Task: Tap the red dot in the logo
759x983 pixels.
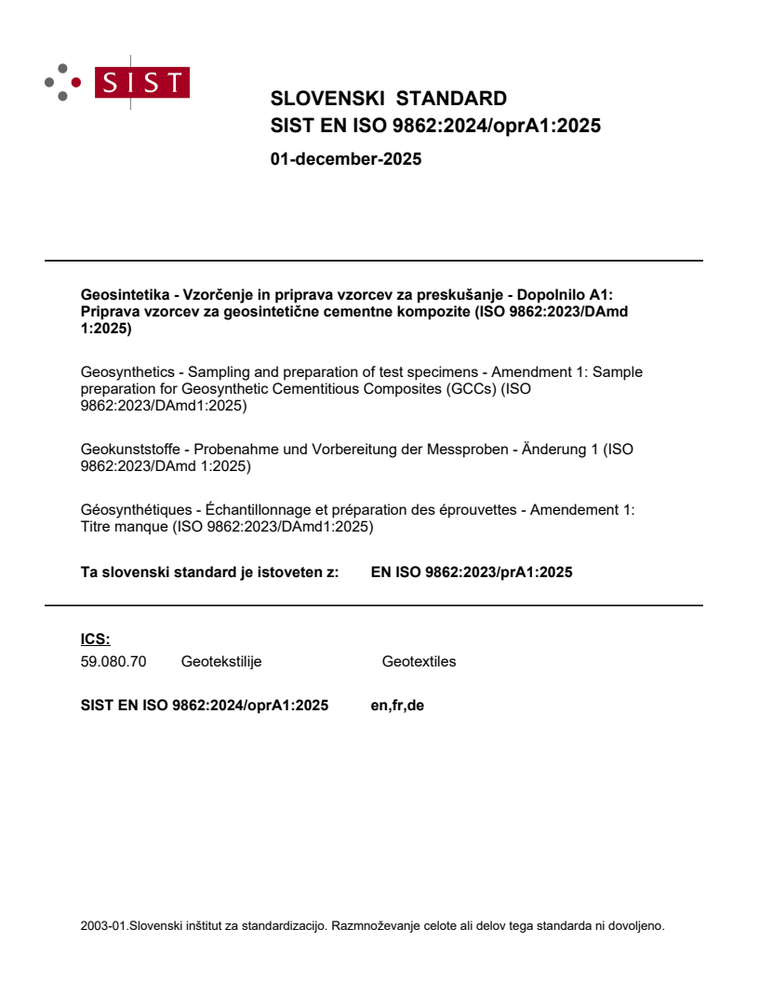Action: (76, 82)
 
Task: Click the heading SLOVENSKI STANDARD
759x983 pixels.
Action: (388, 99)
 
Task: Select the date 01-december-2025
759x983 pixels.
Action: (345, 159)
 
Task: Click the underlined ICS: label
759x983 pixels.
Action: (96, 639)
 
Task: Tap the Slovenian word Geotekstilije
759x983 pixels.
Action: (221, 662)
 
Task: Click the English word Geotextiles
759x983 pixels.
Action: (419, 662)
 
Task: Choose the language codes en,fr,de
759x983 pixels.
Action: (397, 706)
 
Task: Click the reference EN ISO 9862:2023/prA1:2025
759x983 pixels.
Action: (471, 572)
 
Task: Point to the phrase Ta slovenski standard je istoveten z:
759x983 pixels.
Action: (209, 572)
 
